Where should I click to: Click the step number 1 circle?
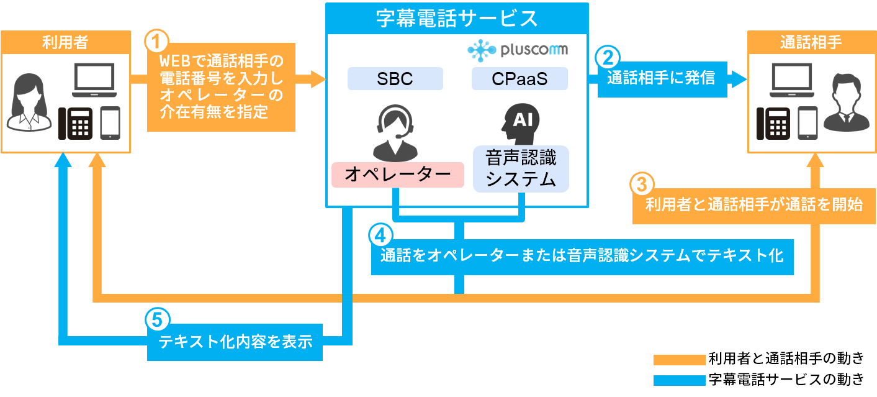click(x=156, y=42)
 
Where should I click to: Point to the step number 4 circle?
click(x=380, y=234)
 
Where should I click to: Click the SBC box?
click(x=395, y=79)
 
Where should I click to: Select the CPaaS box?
click(x=519, y=79)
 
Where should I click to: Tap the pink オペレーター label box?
click(x=397, y=175)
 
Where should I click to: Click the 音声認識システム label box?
click(x=520, y=168)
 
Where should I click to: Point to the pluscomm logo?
click(x=518, y=48)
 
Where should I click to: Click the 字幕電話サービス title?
click(x=457, y=18)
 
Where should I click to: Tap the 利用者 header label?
click(x=65, y=42)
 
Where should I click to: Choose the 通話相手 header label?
click(x=811, y=42)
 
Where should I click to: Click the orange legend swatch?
click(x=679, y=360)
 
